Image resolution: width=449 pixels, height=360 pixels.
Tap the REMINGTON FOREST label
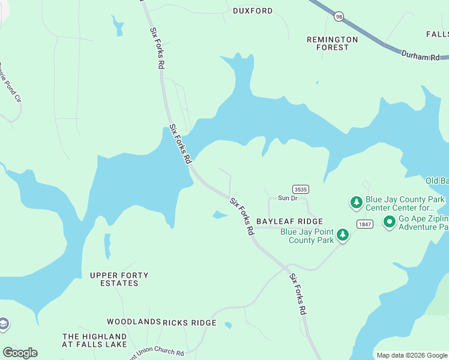332,43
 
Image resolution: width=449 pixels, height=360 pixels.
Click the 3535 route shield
301,189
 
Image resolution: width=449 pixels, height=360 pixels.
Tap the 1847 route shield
364,224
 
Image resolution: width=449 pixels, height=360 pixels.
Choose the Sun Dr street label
287,198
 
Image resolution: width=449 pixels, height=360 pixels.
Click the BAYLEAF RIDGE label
289,221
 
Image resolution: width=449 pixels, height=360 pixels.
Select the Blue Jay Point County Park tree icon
343,235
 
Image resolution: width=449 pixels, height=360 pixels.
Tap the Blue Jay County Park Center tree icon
357,202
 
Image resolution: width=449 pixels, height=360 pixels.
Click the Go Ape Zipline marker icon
390,222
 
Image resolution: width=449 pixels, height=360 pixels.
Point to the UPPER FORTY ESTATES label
119,279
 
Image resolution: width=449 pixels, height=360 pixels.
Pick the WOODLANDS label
134,323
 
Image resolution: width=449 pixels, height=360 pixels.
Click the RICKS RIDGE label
190,323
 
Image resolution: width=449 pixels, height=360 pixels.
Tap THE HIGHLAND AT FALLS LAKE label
95,340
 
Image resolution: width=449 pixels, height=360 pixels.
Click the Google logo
20,353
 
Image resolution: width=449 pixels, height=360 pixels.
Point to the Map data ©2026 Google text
412,355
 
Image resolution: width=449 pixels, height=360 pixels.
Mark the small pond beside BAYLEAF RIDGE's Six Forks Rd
220,215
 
